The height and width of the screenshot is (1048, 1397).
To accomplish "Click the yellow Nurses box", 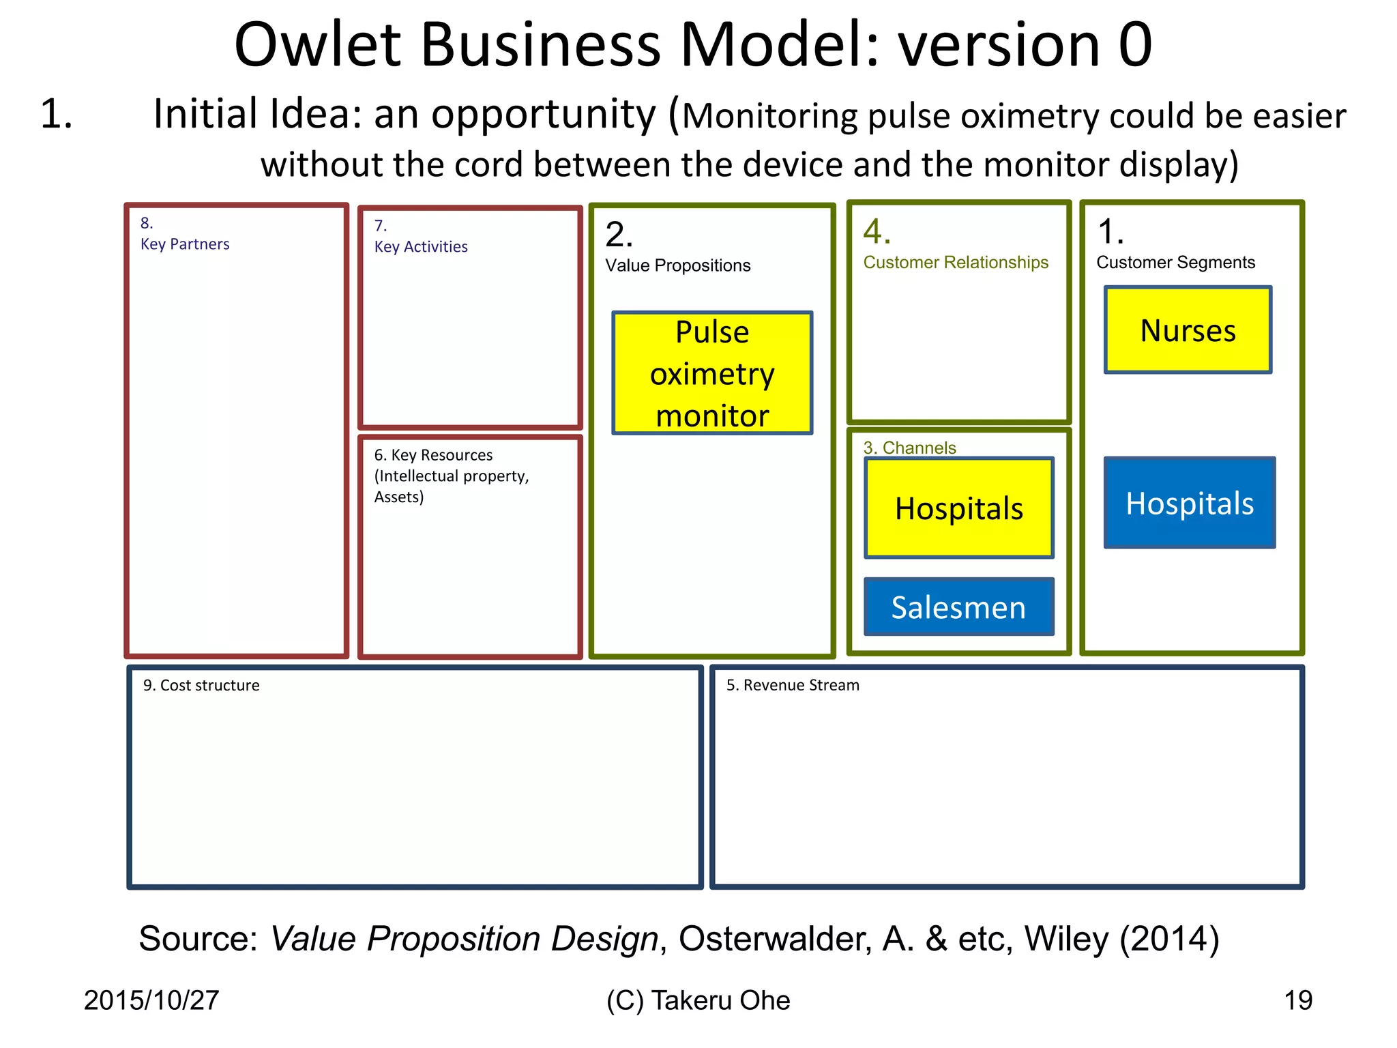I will coord(1188,330).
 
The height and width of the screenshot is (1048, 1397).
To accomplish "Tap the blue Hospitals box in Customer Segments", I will coord(1189,503).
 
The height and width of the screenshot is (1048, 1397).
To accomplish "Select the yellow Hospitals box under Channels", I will coord(958,508).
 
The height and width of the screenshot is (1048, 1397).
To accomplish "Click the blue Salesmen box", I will coord(958,607).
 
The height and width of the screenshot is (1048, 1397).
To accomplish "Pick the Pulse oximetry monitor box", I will coord(712,373).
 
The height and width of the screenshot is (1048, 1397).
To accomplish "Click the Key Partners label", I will coord(185,244).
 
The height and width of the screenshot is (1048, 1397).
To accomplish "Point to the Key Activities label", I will coord(421,246).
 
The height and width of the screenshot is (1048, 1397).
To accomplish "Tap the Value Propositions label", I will coord(677,265).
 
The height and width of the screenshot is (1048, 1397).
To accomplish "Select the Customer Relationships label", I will coord(956,263).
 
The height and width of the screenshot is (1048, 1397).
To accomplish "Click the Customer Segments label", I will coord(1175,263).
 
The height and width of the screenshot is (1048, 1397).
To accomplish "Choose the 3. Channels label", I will coord(909,448).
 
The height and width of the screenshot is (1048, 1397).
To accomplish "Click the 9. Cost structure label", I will coord(201,685).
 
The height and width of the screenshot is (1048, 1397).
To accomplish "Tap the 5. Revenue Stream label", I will coord(793,685).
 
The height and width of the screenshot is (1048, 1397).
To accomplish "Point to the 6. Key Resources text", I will coord(433,455).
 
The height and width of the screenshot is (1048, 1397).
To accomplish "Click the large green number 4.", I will coord(877,231).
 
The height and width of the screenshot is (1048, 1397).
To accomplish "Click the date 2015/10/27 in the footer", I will coord(151,1000).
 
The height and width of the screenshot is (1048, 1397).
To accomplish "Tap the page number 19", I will coord(1297,1000).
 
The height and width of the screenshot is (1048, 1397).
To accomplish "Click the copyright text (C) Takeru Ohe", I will coord(698,1000).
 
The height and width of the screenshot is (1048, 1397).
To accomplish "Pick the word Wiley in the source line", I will coord(1066,939).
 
